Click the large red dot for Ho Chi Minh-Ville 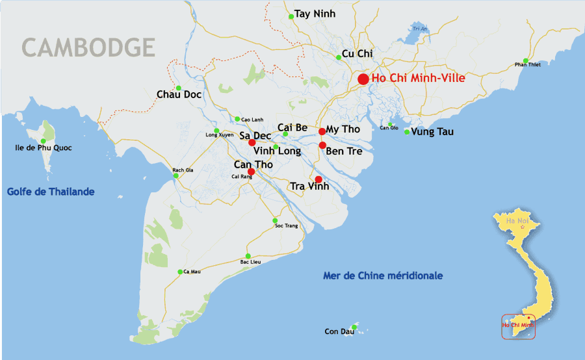[x=363, y=79]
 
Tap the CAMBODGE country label [x=88, y=47]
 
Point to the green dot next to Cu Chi [x=339, y=57]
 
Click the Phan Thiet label [x=528, y=64]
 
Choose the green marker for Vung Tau [x=407, y=132]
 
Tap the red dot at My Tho [x=322, y=131]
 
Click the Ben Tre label [x=344, y=151]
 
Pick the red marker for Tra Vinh [x=318, y=179]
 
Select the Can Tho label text [x=253, y=164]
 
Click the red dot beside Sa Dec [x=252, y=142]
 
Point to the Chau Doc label [x=179, y=94]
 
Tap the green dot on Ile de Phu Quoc [x=44, y=140]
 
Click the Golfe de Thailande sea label [x=51, y=192]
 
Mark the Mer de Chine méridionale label [x=383, y=276]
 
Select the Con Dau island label [x=339, y=331]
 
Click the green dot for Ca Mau [x=180, y=272]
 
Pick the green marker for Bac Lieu [x=248, y=255]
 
